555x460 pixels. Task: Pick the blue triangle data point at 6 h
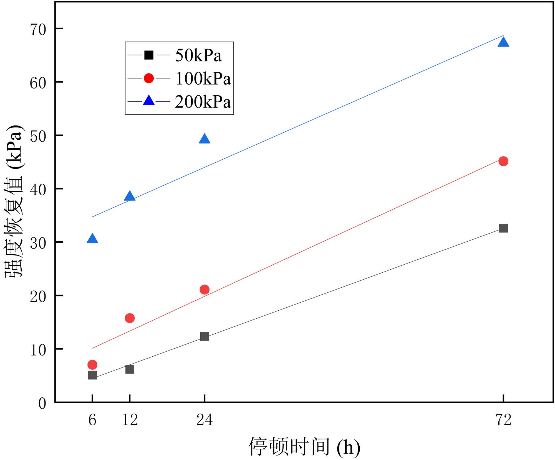[92, 239]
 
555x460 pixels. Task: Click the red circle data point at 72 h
[503, 161]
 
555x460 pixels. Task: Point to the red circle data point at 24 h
[204, 290]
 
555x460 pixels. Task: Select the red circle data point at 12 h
[130, 318]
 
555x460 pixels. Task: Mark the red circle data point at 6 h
[92, 365]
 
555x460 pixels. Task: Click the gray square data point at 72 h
[503, 228]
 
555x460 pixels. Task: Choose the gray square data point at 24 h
[204, 336]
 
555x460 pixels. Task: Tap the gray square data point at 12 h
[130, 369]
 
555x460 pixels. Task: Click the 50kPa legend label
[198, 55]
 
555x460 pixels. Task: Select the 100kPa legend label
[203, 79]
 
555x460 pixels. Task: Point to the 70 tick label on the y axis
[38, 29]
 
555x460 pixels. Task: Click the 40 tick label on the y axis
[38, 190]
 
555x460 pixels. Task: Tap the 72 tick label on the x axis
[503, 420]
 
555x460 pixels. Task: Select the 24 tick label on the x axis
[204, 420]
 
